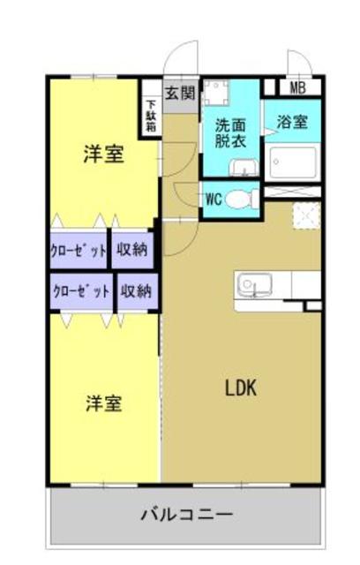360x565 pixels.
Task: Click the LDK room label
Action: pos(240,388)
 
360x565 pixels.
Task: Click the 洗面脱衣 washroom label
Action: pos(230,132)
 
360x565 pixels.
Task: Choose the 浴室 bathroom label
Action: pos(292,123)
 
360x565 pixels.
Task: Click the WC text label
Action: pos(213,200)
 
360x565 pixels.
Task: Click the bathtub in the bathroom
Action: pos(292,162)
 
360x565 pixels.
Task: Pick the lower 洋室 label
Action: pos(103,403)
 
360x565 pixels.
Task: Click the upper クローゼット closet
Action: pos(79,250)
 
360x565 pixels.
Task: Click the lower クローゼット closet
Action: pos(81,290)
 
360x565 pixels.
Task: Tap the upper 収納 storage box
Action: pos(132,250)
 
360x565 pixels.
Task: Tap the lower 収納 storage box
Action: pos(136,290)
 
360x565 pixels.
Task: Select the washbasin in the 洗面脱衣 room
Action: pos(242,168)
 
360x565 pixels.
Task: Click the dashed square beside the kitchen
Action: pos(305,216)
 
